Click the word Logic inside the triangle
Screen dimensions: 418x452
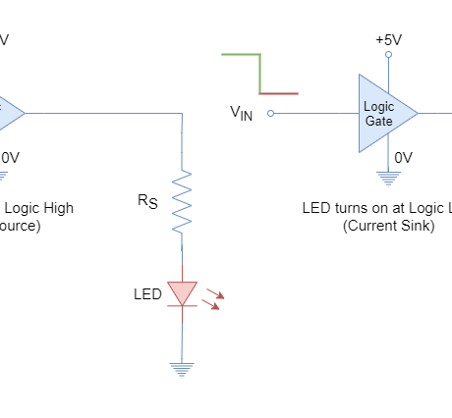click(x=378, y=106)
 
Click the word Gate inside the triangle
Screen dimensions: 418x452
click(x=378, y=121)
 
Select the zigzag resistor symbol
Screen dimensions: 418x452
click(x=182, y=201)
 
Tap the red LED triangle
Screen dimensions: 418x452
click(x=182, y=292)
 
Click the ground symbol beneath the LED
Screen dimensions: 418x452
click(x=181, y=370)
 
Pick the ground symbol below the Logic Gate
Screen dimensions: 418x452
click(x=388, y=179)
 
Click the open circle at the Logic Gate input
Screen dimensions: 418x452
click(x=270, y=113)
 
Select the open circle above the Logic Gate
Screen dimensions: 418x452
click(x=388, y=54)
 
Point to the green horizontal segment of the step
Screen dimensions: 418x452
click(x=240, y=54)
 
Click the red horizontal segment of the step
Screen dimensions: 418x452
click(x=279, y=93)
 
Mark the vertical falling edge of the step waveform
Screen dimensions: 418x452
click(x=259, y=74)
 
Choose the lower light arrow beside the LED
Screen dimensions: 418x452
click(x=210, y=304)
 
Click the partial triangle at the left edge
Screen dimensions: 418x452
click(x=9, y=113)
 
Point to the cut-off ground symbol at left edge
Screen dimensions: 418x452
click(x=3, y=178)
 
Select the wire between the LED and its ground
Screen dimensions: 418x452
click(x=181, y=339)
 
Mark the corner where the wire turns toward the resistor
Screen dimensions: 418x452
click(x=182, y=113)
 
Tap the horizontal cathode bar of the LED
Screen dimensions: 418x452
click(x=182, y=306)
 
